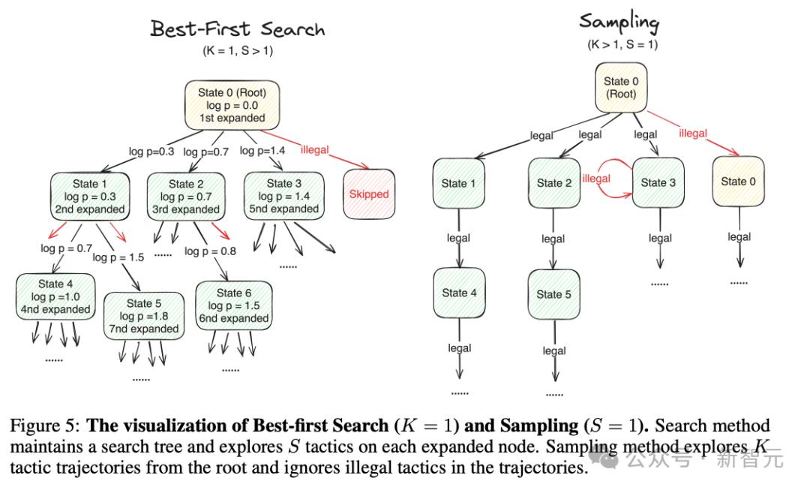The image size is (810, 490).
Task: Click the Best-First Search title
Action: click(x=238, y=29)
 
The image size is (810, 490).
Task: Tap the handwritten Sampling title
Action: click(x=619, y=23)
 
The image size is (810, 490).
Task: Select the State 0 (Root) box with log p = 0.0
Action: click(x=232, y=106)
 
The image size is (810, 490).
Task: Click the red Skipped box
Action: click(x=369, y=194)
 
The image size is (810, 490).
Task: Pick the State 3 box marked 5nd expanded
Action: click(x=284, y=197)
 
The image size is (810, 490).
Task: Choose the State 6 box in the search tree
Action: click(x=234, y=306)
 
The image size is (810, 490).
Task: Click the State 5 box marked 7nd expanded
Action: click(x=143, y=317)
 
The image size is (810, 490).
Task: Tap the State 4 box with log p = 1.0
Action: click(x=55, y=296)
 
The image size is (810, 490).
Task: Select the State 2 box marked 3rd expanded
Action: click(x=186, y=197)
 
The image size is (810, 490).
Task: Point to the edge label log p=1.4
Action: click(x=262, y=150)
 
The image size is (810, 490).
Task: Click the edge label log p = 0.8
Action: click(x=210, y=251)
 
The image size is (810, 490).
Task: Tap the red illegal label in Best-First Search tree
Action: click(x=314, y=150)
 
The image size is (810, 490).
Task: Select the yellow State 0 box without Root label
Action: click(x=738, y=182)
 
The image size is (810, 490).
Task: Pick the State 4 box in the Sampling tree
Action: click(x=459, y=293)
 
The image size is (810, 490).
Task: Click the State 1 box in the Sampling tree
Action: click(x=459, y=184)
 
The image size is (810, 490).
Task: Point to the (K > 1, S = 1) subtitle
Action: click(x=622, y=44)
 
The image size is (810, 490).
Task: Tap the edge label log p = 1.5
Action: click(x=118, y=257)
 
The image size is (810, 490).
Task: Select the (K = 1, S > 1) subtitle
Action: click(x=238, y=51)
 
